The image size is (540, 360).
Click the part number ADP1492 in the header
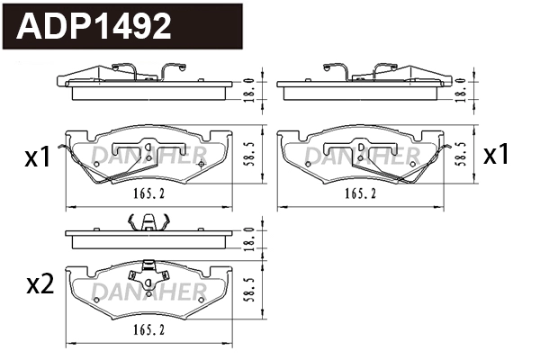[95, 27]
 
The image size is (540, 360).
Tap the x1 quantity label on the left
[37, 159]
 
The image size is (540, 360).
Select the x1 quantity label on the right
[497, 155]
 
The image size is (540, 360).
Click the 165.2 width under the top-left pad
[153, 193]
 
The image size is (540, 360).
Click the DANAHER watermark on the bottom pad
[149, 290]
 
